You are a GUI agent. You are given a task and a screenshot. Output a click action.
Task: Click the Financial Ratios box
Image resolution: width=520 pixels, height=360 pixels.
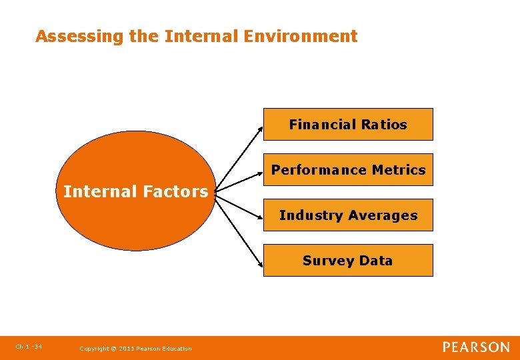[x=347, y=124]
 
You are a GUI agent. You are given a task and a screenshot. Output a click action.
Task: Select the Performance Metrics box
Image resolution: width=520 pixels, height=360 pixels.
[x=347, y=170]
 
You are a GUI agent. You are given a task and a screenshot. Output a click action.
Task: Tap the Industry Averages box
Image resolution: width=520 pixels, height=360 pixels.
[x=347, y=215]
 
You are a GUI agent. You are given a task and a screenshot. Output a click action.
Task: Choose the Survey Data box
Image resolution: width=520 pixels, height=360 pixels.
[x=347, y=260]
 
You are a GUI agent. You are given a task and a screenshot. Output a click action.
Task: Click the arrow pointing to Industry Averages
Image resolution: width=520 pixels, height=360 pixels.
[x=240, y=203]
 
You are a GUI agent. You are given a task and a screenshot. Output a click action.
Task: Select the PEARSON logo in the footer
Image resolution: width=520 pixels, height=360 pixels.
[x=476, y=347]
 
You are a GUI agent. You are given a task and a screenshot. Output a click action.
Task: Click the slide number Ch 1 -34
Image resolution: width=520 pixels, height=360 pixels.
[x=29, y=346]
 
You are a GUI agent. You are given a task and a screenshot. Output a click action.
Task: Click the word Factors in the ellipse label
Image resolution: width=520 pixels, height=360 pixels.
[x=177, y=192]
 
